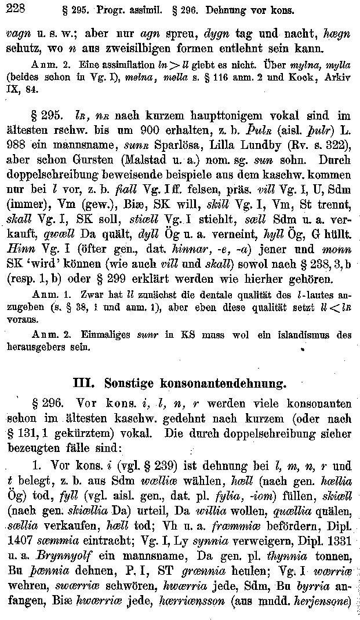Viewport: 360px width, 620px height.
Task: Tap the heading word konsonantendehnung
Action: (x=221, y=384)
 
